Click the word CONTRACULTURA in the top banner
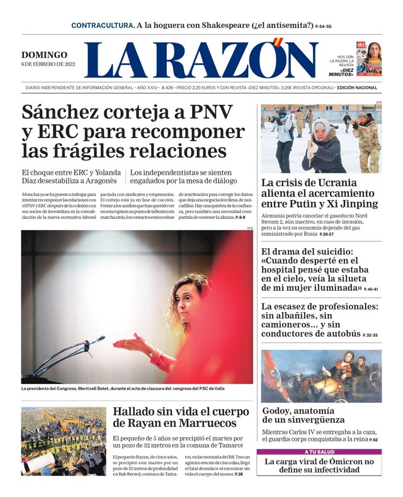pyautogui.click(x=102, y=25)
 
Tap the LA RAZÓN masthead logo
pyautogui.click(x=201, y=61)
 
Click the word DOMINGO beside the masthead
pyautogui.click(x=44, y=55)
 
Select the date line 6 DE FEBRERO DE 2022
pyautogui.click(x=48, y=64)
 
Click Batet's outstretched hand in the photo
pyautogui.click(x=123, y=344)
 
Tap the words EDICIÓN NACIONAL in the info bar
pyautogui.click(x=357, y=88)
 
